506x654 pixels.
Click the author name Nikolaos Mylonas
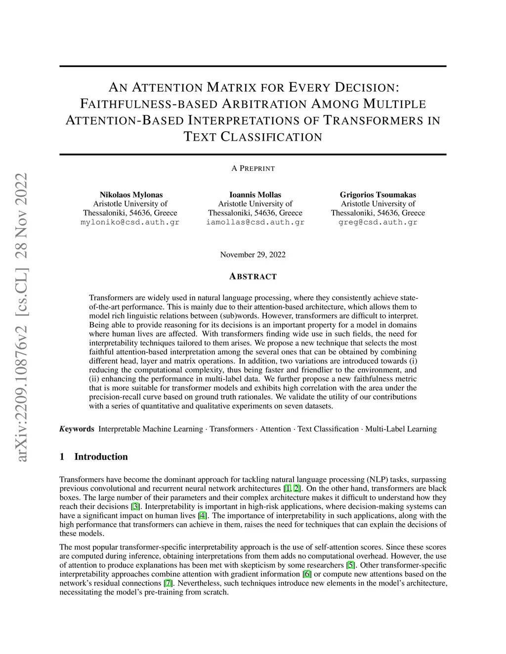point(131,194)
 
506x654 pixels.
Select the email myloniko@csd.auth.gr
point(130,222)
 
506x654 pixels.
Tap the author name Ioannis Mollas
point(255,194)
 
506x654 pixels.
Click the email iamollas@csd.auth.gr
point(255,222)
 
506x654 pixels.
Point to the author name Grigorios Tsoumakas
point(378,194)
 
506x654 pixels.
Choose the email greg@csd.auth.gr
point(378,222)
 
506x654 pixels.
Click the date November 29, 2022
point(253,255)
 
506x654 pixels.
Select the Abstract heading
point(253,276)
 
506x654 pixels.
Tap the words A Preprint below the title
point(253,168)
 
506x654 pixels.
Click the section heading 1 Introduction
point(93,457)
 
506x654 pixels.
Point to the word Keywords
point(77,429)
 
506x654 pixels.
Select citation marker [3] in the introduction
point(134,506)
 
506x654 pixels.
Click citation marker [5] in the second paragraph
point(350,565)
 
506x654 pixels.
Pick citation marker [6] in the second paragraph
point(307,574)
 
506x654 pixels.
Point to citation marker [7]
point(169,583)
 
